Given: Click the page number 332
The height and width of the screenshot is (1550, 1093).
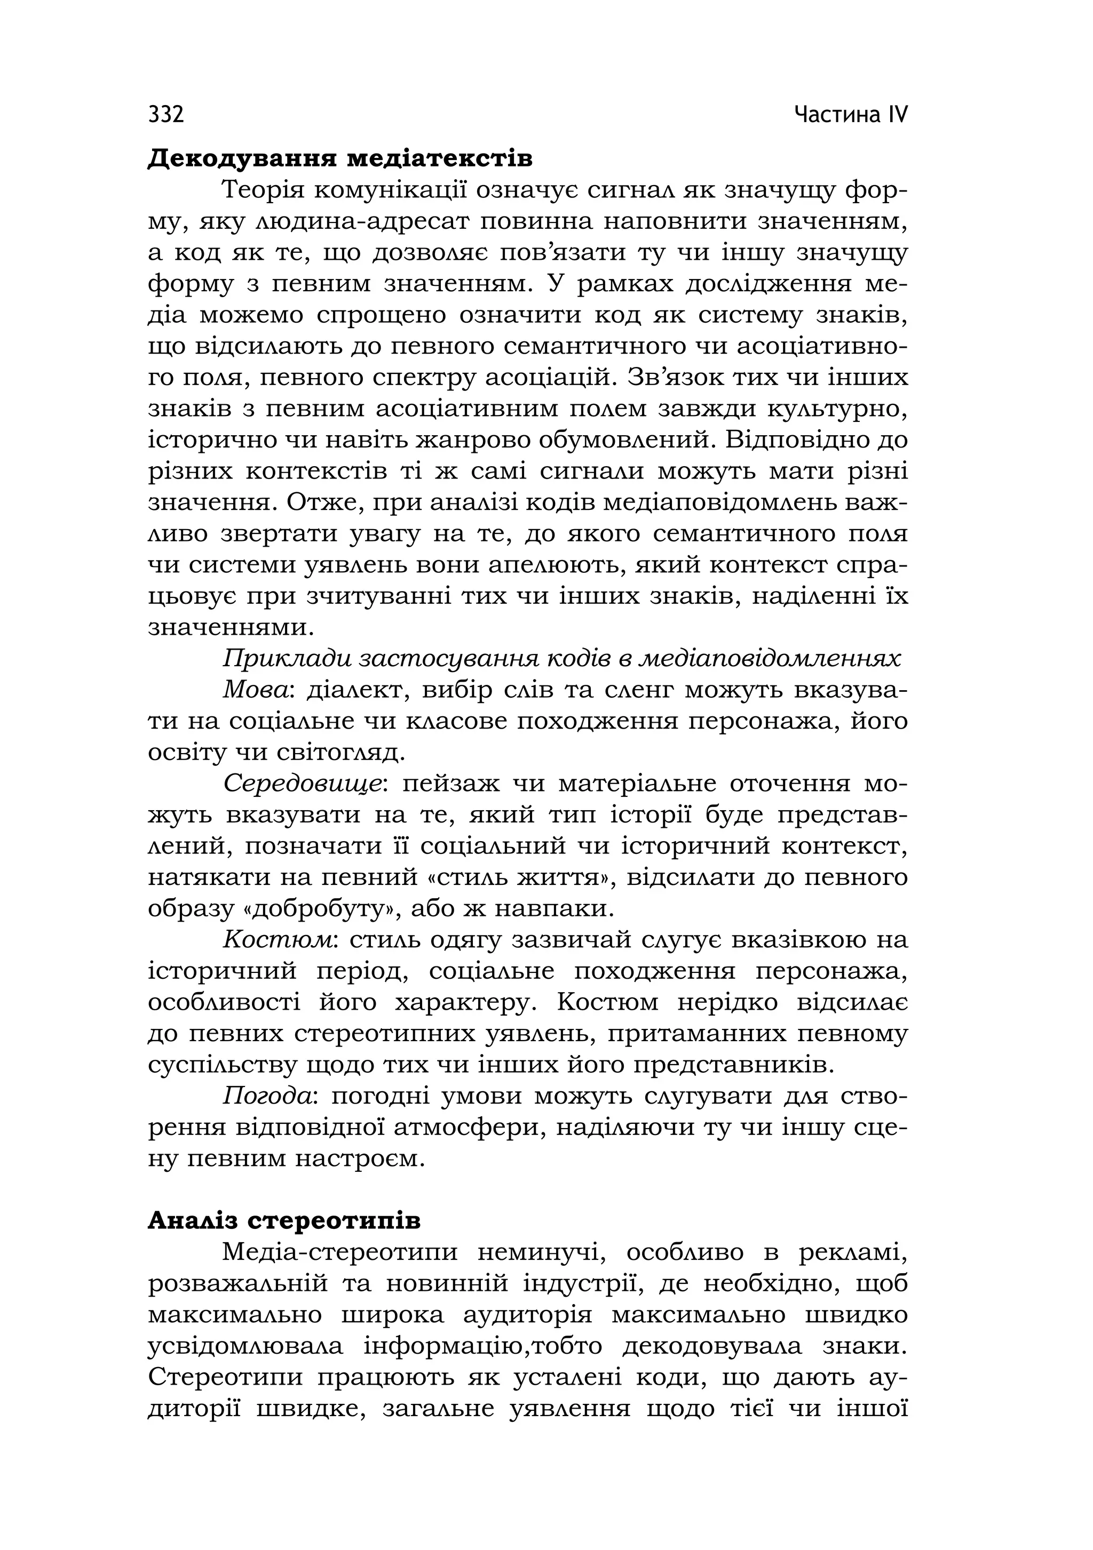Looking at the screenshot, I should (165, 115).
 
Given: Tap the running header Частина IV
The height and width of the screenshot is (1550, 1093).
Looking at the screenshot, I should (851, 115).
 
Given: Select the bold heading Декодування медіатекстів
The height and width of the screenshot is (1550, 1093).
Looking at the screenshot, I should (340, 159).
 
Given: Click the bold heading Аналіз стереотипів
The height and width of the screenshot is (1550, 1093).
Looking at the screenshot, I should (284, 1220).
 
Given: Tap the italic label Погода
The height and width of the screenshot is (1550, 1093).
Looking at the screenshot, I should (268, 1096).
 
